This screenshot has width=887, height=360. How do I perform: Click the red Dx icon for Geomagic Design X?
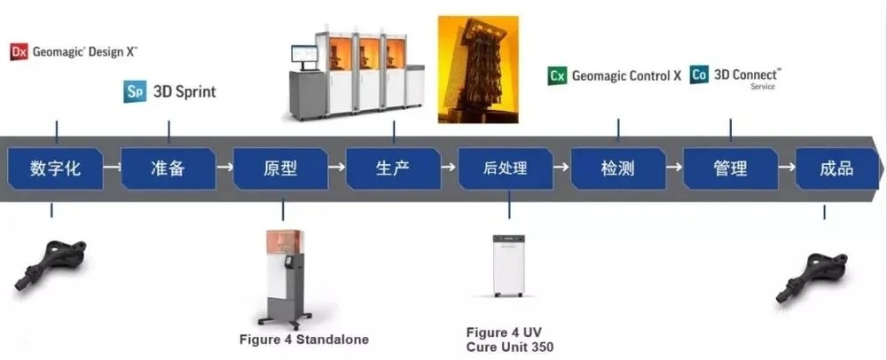[20, 51]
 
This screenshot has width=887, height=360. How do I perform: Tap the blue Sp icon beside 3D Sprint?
[135, 91]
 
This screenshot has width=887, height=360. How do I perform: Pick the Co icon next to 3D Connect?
[699, 75]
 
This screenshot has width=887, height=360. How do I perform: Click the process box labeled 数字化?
[55, 168]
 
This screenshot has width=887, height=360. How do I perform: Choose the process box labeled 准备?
[168, 168]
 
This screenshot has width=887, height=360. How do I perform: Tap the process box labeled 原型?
[280, 168]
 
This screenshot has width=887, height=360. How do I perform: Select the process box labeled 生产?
[393, 168]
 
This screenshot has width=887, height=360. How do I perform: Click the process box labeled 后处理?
[506, 168]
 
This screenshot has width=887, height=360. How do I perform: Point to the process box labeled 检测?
[618, 168]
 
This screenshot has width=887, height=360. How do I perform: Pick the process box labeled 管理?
[730, 168]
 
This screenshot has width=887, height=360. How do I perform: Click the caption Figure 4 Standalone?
[304, 339]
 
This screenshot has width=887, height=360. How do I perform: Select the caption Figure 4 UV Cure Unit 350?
[510, 339]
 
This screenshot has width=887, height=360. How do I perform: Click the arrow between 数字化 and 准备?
[111, 167]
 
